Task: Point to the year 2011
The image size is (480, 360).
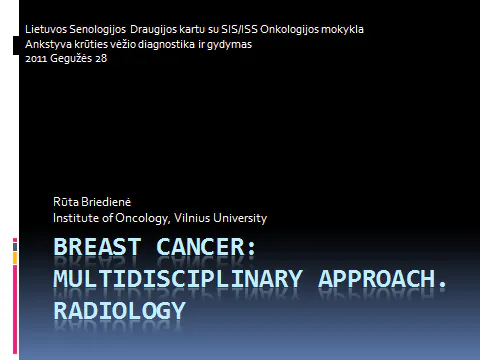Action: coord(35,58)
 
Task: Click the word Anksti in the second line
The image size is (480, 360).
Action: coord(47,43)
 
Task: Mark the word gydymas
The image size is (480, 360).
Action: coord(232,43)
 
